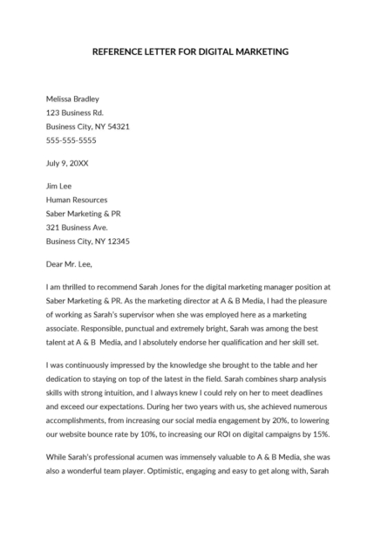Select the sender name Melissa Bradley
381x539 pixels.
click(x=72, y=99)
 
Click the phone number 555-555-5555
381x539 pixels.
click(x=71, y=140)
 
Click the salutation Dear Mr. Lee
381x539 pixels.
click(x=68, y=263)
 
